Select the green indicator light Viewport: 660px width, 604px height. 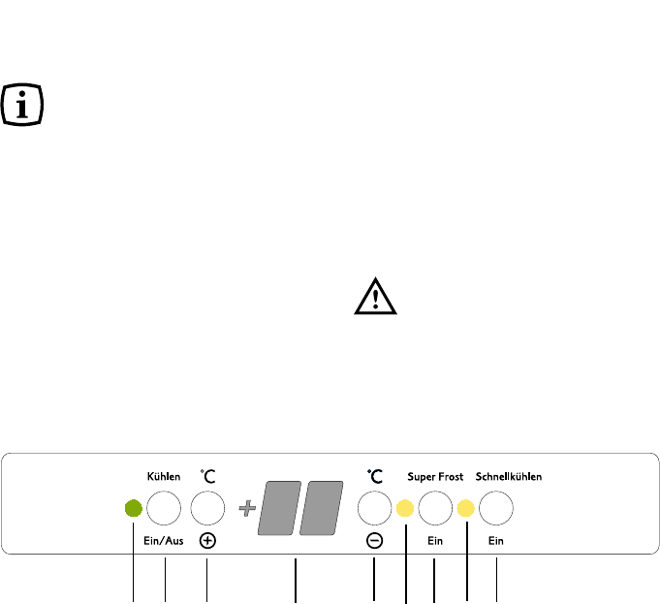pos(134,507)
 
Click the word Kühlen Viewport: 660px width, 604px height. pos(164,476)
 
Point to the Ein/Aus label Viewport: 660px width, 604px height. pos(164,541)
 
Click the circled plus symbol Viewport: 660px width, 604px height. pos(207,541)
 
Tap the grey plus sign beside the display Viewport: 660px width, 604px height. pos(247,507)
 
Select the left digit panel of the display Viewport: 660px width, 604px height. pos(277,507)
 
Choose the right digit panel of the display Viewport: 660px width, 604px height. pos(322,507)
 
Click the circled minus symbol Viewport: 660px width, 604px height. pos(374,541)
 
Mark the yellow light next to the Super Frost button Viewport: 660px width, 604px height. pos(405,507)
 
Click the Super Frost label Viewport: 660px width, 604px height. pos(435,476)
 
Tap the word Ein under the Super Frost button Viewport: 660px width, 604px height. pos(435,541)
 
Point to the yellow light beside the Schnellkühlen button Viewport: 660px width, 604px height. pos(466,507)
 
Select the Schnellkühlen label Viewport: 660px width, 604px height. pos(508,476)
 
